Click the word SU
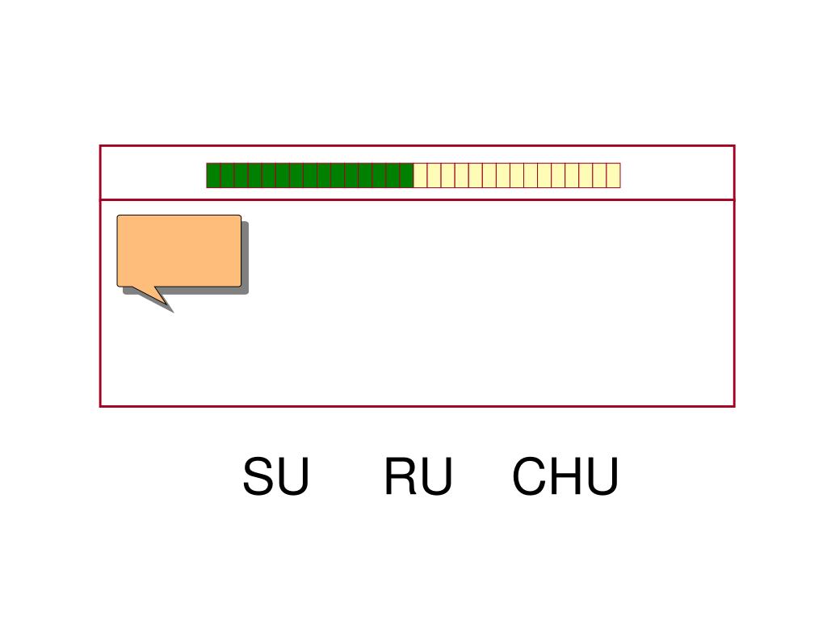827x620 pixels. coord(275,477)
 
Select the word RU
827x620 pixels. coord(418,477)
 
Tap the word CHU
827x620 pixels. coord(565,477)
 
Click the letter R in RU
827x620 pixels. coord(399,477)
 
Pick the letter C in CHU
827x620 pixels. coord(528,477)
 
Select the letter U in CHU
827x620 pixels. coord(602,477)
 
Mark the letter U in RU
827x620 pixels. coord(436,477)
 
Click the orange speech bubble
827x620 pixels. coord(178,250)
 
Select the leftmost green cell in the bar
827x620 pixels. coord(213,175)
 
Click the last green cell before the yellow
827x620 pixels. coord(406,175)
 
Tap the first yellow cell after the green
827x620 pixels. coord(420,175)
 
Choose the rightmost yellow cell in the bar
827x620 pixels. coord(613,175)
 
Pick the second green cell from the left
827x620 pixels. coord(227,175)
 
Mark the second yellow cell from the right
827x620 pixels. coord(599,175)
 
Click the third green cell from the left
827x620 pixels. coord(241,175)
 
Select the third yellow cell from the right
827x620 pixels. coord(586,175)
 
